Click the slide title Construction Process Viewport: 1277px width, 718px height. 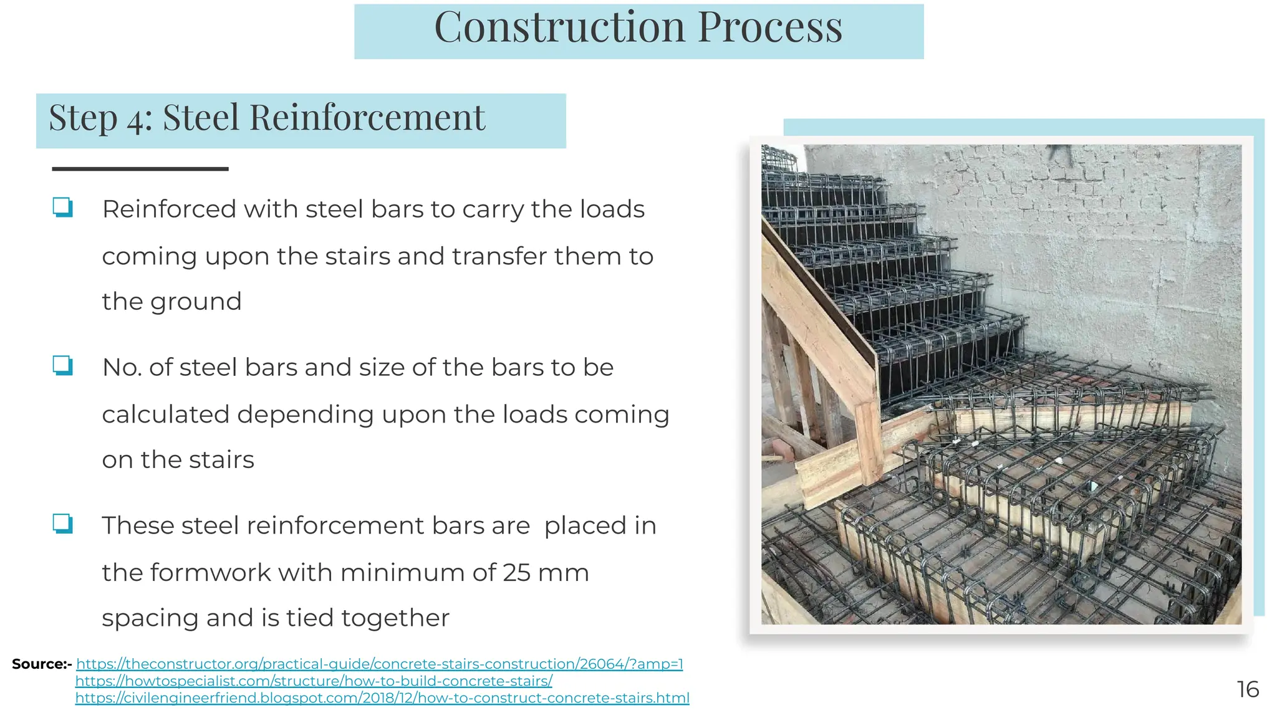coord(638,28)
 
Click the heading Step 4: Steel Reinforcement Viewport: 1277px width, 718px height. coord(267,118)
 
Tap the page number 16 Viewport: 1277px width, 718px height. coord(1248,689)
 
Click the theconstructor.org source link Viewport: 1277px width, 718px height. coord(379,664)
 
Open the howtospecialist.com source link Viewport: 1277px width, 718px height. coord(314,681)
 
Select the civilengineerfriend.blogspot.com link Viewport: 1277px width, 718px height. coord(382,698)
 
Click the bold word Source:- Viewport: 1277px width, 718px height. coord(42,664)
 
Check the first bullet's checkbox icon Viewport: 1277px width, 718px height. coord(62,207)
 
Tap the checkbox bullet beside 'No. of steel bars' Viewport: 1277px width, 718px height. coord(62,365)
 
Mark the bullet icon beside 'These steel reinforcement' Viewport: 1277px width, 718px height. coord(62,524)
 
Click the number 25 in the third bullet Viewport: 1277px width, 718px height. coord(516,573)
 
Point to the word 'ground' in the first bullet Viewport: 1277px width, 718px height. coord(195,302)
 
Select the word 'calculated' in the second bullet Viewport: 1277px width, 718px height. coord(165,414)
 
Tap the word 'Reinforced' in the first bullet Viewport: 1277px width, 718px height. coord(168,209)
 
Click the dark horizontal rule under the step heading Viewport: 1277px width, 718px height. coord(140,169)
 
